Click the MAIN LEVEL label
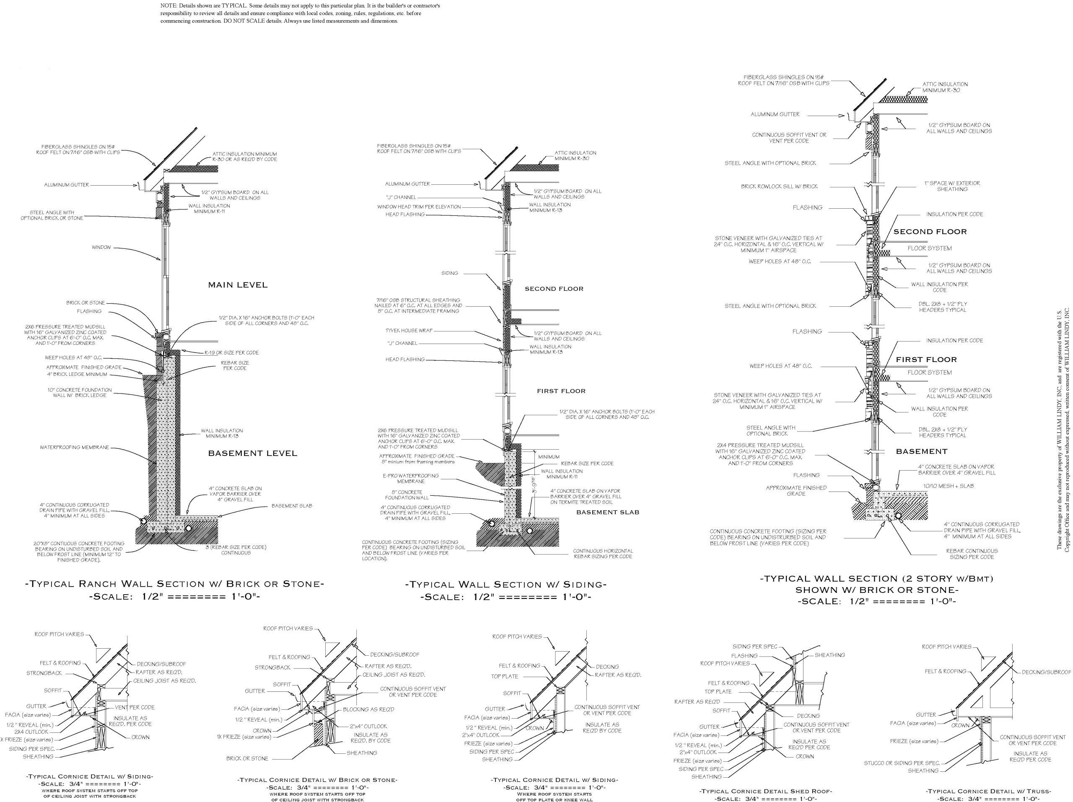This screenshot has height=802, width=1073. point(238,285)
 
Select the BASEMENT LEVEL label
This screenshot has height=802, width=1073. point(252,453)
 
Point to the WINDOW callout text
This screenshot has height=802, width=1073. point(101,247)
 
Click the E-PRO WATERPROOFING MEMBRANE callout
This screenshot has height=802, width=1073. point(411,479)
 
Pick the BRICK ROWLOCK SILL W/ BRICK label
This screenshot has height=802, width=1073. point(779,186)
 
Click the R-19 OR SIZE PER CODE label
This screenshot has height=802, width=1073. point(231,352)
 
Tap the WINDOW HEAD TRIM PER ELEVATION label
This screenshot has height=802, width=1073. point(419,207)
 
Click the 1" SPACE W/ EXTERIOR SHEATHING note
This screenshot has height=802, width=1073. point(952,186)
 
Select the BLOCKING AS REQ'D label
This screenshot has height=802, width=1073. point(369,709)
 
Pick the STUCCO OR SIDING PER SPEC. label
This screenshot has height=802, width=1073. point(902,763)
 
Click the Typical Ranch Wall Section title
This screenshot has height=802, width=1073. point(175,584)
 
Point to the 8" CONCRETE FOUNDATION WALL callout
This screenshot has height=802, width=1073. point(407,494)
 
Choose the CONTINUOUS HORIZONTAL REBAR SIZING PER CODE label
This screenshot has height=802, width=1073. point(603,554)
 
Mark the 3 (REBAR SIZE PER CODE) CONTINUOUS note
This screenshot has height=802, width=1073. point(236,550)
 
